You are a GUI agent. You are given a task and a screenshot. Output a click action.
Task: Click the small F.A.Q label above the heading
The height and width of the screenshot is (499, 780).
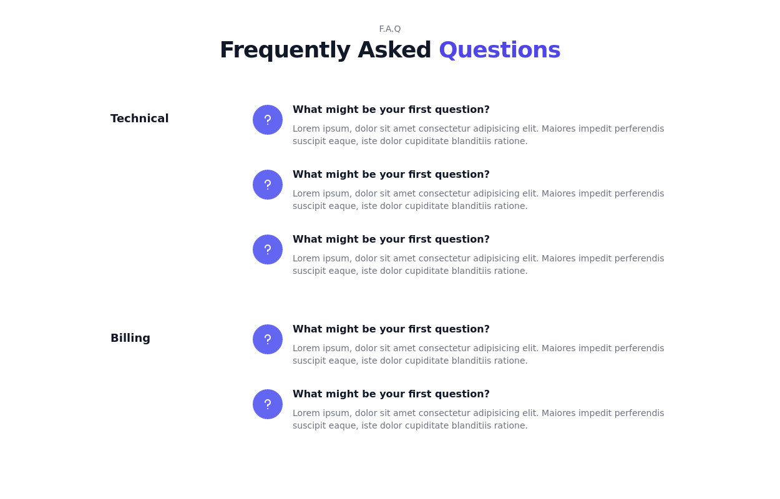tap(389, 29)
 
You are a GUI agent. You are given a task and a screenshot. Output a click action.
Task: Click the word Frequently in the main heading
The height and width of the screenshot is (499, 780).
tap(285, 50)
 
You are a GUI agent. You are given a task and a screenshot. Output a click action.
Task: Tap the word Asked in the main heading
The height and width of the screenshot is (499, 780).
tap(394, 50)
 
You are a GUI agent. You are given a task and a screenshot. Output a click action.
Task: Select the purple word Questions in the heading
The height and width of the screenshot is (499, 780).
tap(499, 50)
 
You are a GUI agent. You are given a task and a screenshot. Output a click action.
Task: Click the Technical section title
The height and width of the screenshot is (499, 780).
tap(139, 119)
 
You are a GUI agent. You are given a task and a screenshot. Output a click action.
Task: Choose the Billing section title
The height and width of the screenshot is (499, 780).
tap(130, 338)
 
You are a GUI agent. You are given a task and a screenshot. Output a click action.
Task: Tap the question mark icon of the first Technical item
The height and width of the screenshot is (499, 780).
tap(268, 120)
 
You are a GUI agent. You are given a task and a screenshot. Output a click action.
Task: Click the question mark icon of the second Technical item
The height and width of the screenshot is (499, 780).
tap(268, 185)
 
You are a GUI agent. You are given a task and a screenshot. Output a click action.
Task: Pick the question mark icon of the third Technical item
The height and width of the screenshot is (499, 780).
tap(268, 249)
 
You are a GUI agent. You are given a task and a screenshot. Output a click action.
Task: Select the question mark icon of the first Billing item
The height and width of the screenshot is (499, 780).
tap(268, 339)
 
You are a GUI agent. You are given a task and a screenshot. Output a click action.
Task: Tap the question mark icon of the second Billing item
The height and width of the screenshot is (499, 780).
tap(268, 404)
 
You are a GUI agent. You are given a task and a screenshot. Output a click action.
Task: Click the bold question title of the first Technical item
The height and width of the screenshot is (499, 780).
tap(391, 110)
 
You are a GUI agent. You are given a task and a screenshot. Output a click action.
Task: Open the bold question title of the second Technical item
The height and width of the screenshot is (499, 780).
tap(391, 175)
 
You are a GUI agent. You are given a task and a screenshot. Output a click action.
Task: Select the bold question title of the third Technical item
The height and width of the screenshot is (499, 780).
tap(391, 240)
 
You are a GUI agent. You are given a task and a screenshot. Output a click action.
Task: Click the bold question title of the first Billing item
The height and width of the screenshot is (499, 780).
tap(391, 329)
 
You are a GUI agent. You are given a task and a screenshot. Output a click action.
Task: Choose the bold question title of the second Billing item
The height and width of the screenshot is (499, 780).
tap(391, 394)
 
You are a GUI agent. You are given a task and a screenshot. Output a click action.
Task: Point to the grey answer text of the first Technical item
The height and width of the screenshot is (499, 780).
tap(478, 135)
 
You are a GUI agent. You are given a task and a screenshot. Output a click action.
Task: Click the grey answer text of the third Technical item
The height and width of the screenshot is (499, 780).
tap(478, 264)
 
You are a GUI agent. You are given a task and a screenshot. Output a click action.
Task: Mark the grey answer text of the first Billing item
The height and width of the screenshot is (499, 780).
tap(478, 354)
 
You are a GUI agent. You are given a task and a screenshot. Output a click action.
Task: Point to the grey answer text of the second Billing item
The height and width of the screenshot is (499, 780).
tap(478, 419)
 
